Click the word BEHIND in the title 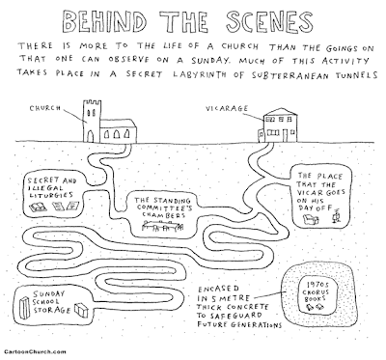click(104, 21)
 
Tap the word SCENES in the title click(269, 21)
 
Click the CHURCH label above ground click(45, 108)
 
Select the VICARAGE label click(227, 108)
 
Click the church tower click(92, 121)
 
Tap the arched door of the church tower click(91, 136)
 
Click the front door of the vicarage click(285, 135)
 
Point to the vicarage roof click(280, 112)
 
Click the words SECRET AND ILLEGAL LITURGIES click(52, 187)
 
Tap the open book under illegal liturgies click(38, 207)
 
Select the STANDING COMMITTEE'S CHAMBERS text click(163, 208)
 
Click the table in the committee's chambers click(162, 226)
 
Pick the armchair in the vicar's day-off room click(311, 220)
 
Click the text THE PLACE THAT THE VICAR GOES click(320, 184)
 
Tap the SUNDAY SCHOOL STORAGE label click(51, 302)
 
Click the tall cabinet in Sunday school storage click(24, 307)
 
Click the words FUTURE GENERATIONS click(239, 324)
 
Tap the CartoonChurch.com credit click(36, 351)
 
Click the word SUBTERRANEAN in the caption click(291, 75)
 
